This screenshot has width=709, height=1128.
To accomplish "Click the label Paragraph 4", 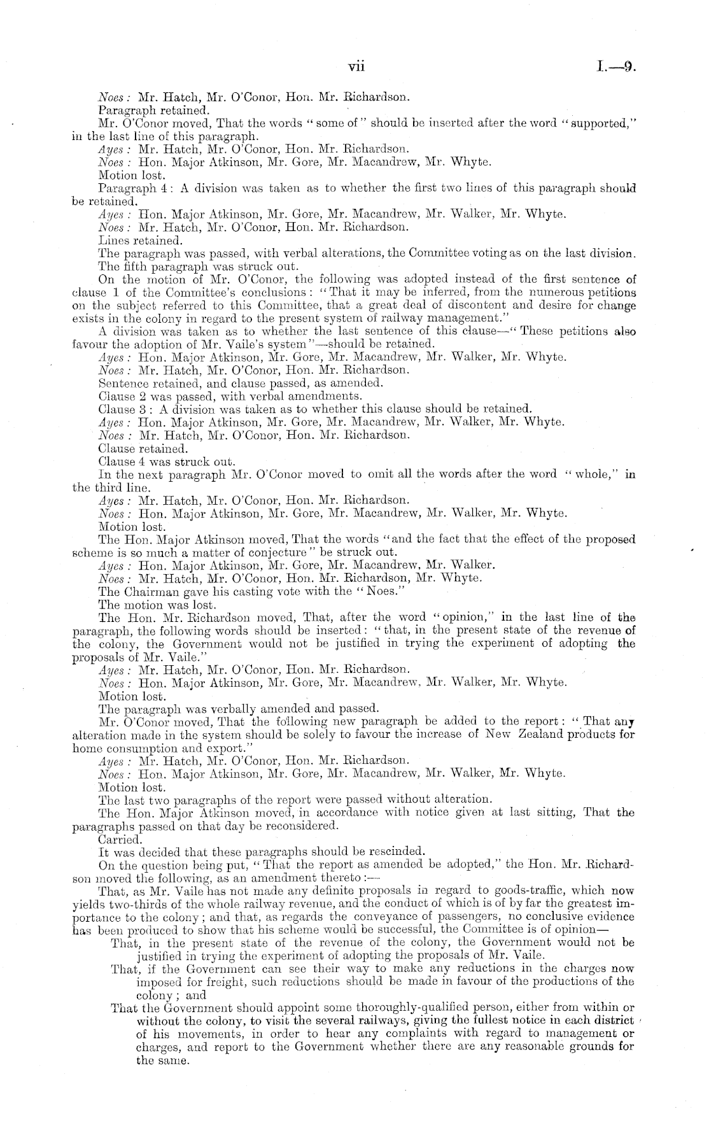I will click(127, 188).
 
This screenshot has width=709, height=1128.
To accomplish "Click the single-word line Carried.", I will click(115, 839).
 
